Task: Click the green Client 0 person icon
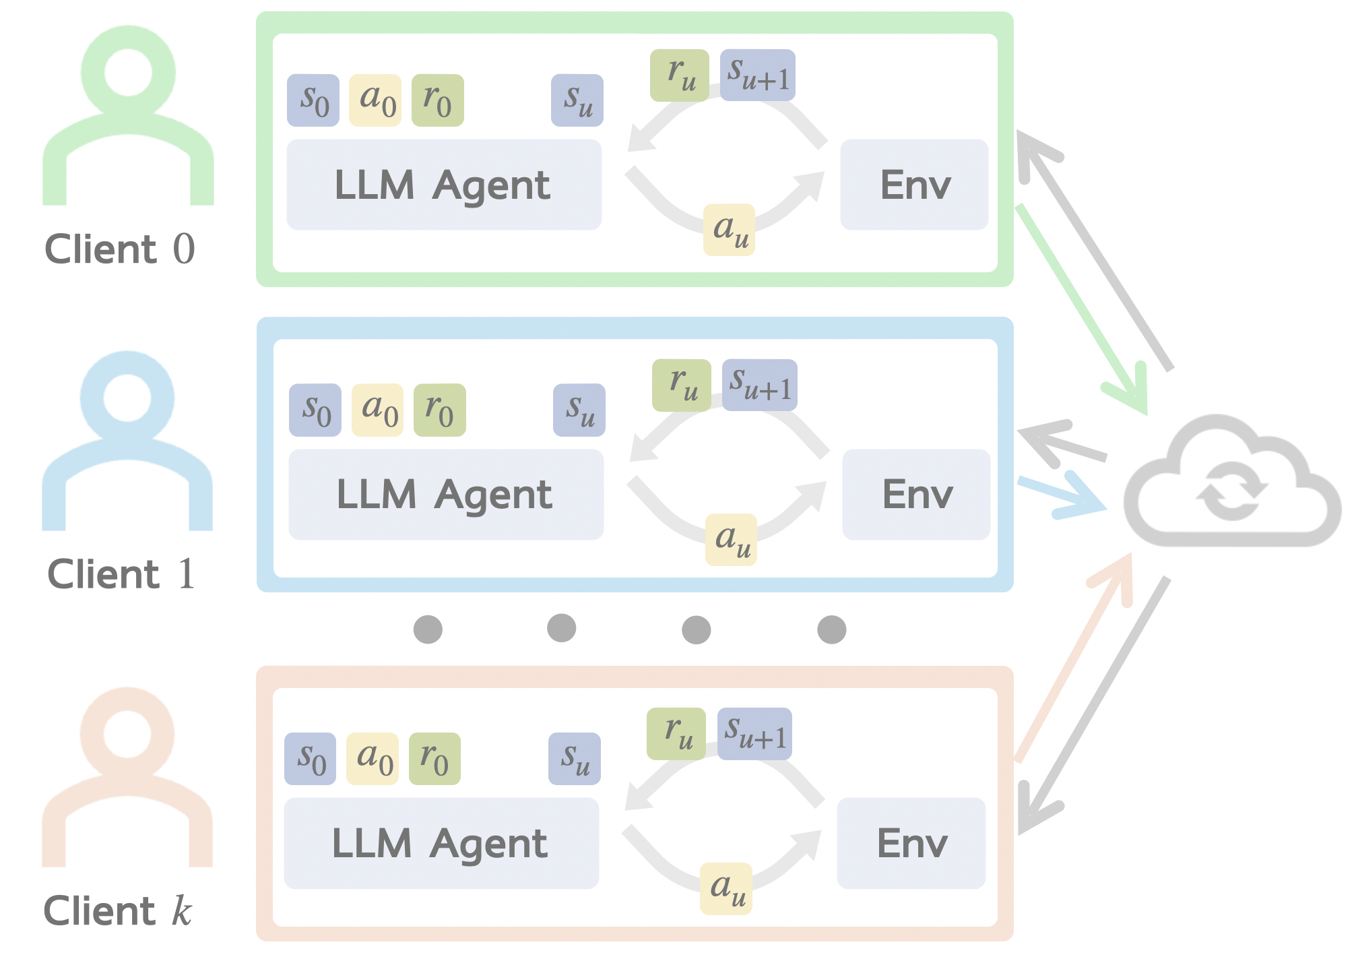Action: [128, 115]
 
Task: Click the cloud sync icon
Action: [1231, 483]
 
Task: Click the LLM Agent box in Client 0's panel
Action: [444, 185]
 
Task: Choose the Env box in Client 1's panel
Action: [916, 494]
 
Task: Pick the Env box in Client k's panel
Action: [911, 843]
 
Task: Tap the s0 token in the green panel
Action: [313, 100]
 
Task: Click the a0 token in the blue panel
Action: [377, 410]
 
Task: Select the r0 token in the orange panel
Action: [434, 759]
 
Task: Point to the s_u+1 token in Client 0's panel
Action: [758, 75]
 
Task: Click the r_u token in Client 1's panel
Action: [682, 385]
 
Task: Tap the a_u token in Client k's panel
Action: [726, 888]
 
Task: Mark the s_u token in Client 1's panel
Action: [579, 410]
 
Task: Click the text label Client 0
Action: [120, 249]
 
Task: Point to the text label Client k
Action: [118, 911]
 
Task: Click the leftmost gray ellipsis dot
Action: [428, 629]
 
